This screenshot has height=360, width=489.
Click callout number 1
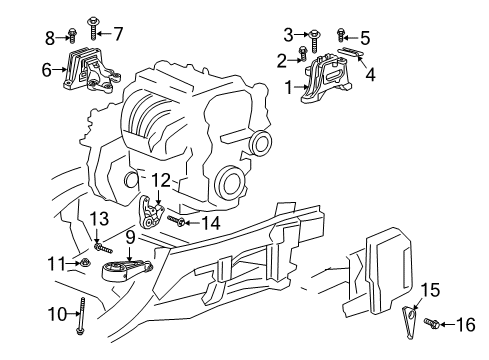point(289,88)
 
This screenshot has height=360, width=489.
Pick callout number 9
point(129,237)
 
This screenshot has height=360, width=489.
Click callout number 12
point(160,180)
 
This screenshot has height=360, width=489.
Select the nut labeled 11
point(87,264)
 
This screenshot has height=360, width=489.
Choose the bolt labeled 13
point(97,242)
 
